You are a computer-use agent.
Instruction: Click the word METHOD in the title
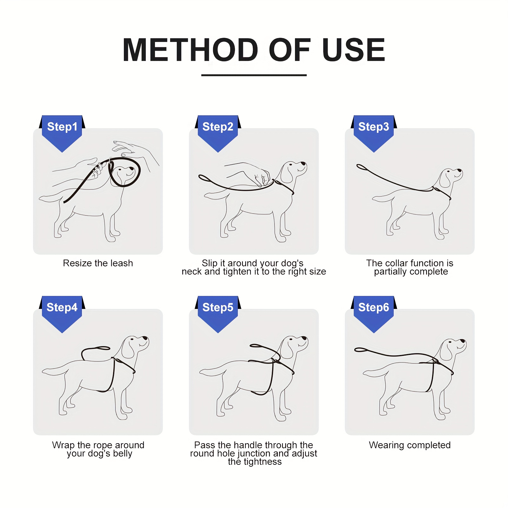pos(190,50)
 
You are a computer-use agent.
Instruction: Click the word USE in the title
pos(353,50)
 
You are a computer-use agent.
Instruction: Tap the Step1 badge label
pos(62,127)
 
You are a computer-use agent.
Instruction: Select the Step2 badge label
pos(218,127)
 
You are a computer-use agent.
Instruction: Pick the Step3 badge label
pos(374,127)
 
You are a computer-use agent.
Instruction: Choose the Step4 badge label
pos(62,307)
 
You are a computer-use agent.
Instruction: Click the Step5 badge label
pos(218,307)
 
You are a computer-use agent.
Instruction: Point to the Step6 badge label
pos(374,307)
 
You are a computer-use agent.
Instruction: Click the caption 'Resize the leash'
pos(98,263)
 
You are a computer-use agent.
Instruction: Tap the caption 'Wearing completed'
pos(410,445)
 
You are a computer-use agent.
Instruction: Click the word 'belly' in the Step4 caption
pos(123,454)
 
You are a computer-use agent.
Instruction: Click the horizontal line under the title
pos(254,75)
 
